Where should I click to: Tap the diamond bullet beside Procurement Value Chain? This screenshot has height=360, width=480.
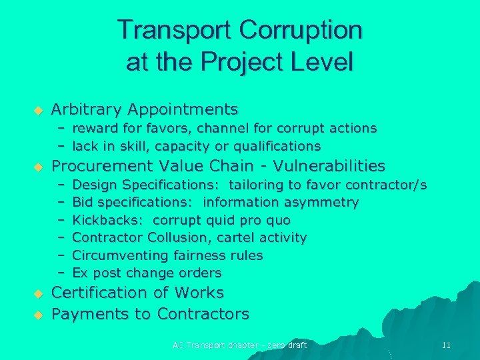pyautogui.click(x=38, y=167)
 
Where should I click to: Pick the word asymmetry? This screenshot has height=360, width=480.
pyautogui.click(x=325, y=202)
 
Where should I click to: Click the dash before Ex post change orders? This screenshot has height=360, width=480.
pyautogui.click(x=60, y=273)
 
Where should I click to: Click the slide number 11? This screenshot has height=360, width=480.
pyautogui.click(x=446, y=345)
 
